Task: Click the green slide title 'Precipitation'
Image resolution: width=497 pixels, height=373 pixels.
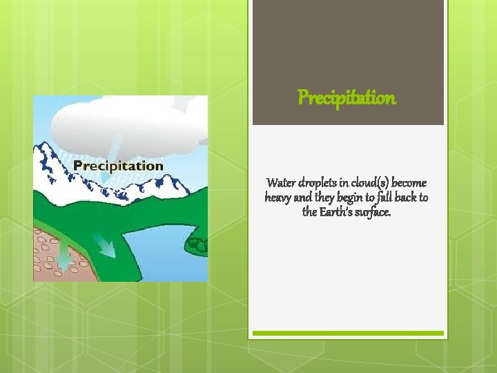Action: point(347,98)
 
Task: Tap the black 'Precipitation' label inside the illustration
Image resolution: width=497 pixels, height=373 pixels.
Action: point(118,166)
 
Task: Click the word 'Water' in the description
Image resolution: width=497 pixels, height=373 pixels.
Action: point(280,183)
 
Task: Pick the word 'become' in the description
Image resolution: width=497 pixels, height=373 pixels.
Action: point(409,183)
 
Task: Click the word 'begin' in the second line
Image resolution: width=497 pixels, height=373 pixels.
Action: point(358,198)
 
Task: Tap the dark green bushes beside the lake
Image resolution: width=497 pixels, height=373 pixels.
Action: point(198,243)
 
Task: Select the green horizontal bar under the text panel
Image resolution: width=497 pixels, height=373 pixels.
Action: point(347,333)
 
